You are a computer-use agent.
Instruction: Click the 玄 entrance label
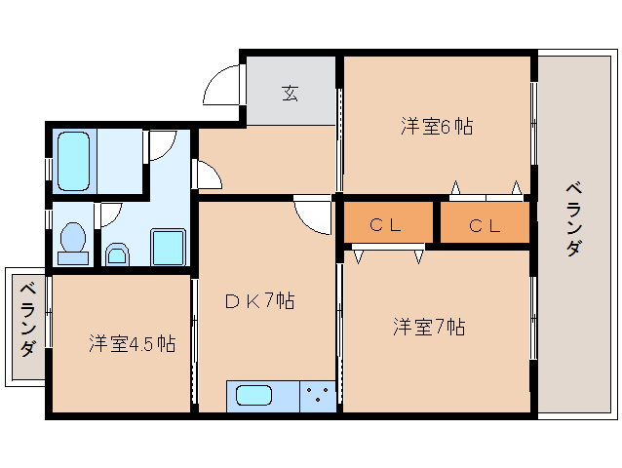pos(291,93)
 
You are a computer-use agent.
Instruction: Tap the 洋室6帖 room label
pos(437,126)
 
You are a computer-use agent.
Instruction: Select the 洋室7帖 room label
pos(429,327)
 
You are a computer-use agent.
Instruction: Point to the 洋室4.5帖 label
pos(132,343)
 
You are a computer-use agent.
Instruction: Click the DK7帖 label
pos(260,301)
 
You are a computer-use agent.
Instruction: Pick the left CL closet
pos(388,222)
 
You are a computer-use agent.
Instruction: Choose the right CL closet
pos(485,222)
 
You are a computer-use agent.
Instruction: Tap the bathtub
pos(73,162)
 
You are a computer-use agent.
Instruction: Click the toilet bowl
pos(73,237)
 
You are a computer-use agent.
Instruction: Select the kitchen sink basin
pos(254,396)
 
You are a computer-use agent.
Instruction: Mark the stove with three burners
pos(318,396)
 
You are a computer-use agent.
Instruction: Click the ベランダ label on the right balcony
pos(574,218)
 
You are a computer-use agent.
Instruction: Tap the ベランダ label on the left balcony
pos(28,320)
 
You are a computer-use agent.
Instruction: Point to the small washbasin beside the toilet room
pos(118,254)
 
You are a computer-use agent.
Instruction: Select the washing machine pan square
pos(169,247)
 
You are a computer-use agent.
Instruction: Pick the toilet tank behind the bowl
pos(73,257)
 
